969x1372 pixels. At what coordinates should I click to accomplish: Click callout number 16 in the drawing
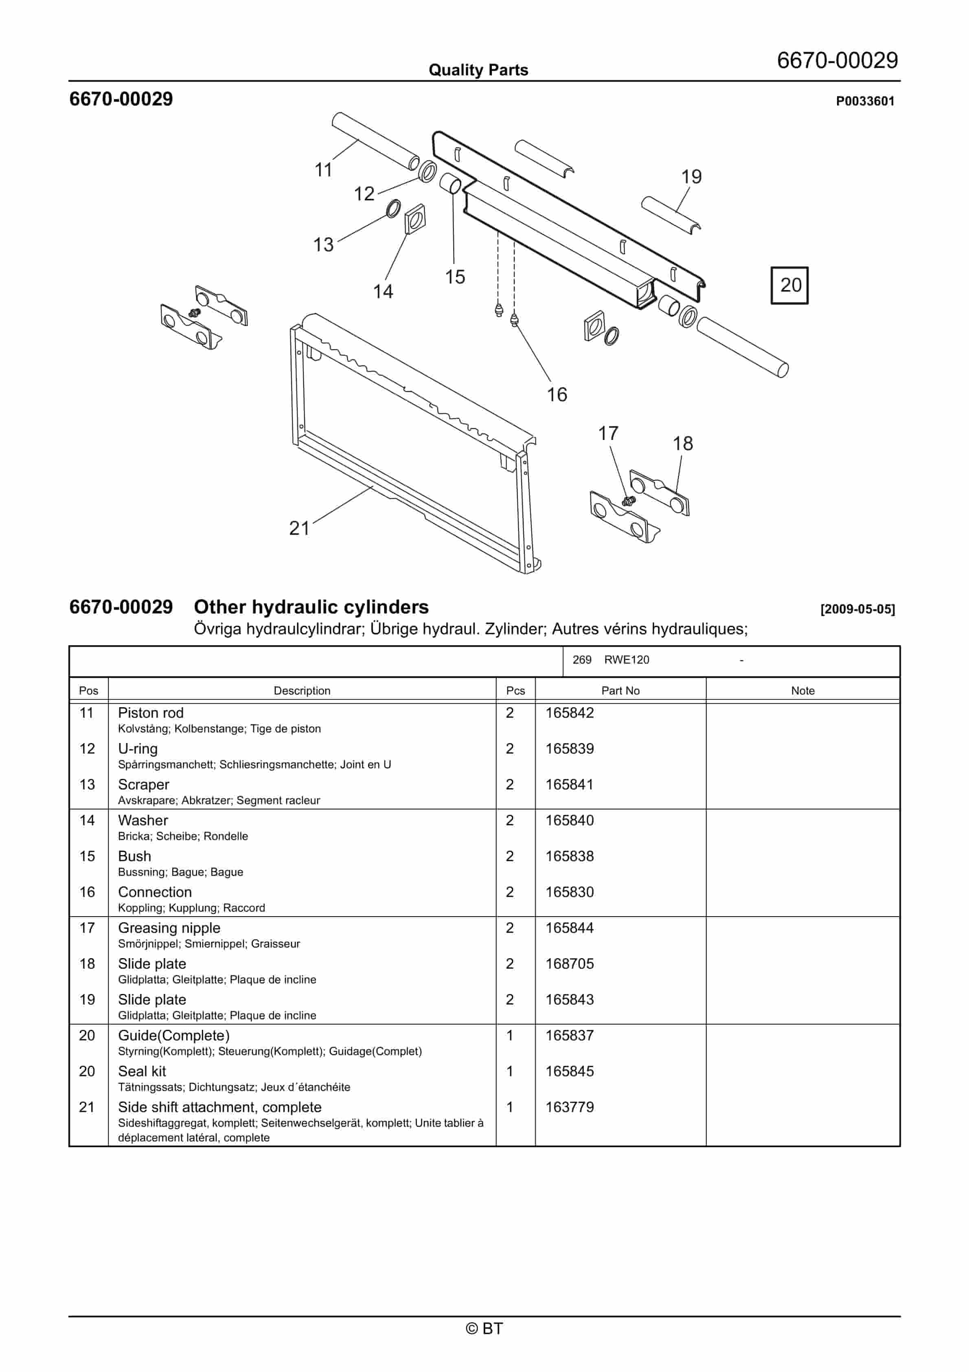(557, 394)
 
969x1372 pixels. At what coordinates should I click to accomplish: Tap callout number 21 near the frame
(299, 528)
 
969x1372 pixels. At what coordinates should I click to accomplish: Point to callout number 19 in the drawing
(691, 177)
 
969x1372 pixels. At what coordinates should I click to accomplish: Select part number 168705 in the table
(569, 964)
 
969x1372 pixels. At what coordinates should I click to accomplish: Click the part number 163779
(569, 1107)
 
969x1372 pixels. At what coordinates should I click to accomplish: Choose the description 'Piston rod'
(151, 713)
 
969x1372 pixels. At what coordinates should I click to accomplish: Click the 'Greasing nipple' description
(169, 928)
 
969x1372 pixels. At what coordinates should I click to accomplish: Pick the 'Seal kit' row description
(142, 1071)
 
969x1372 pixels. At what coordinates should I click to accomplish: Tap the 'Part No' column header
(620, 691)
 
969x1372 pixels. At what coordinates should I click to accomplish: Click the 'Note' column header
(802, 691)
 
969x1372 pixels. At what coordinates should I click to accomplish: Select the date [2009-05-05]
(857, 609)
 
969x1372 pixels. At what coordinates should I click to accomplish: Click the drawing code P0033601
(864, 101)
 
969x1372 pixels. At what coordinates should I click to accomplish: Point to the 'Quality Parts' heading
(478, 70)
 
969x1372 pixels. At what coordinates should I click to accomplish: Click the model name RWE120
(626, 660)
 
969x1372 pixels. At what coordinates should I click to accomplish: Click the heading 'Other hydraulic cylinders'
(311, 607)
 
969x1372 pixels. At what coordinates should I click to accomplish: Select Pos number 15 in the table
(87, 856)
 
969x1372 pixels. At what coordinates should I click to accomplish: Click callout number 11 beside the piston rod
(323, 170)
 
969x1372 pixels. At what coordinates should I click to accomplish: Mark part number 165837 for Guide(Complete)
(569, 1036)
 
